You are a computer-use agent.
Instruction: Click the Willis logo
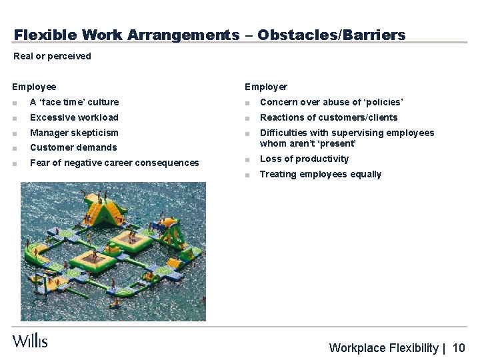coord(30,341)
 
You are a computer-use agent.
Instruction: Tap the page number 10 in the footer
coord(459,348)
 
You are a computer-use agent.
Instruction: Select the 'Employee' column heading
coord(35,87)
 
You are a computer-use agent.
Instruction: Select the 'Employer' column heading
coord(266,87)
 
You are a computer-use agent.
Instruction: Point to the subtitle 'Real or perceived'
coord(52,57)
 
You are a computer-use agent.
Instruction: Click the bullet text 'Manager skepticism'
coord(74,133)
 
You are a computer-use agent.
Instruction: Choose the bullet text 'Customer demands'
coord(73,147)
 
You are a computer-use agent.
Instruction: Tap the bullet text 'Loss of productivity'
coord(304,159)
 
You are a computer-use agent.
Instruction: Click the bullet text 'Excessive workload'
coord(74,117)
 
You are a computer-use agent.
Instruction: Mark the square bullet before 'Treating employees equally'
coord(247,175)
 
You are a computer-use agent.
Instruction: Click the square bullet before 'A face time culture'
coord(15,103)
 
